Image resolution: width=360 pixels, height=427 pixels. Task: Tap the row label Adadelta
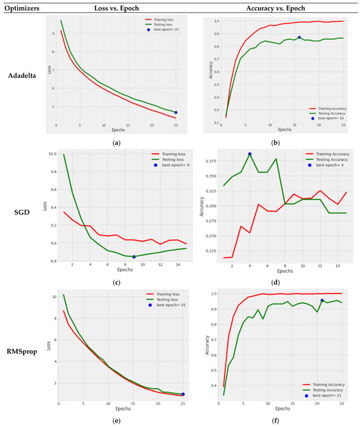22,75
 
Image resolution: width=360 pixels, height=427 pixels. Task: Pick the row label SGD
22,213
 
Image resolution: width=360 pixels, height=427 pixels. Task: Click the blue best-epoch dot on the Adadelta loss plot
175,113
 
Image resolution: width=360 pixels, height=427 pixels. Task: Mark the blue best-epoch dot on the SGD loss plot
134,257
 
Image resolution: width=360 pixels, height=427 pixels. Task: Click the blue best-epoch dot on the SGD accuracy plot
249,155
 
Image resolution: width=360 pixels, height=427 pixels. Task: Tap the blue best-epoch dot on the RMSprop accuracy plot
322,301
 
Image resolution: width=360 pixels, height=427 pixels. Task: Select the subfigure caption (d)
280,281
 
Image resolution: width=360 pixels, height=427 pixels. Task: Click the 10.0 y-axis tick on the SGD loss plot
49,155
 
